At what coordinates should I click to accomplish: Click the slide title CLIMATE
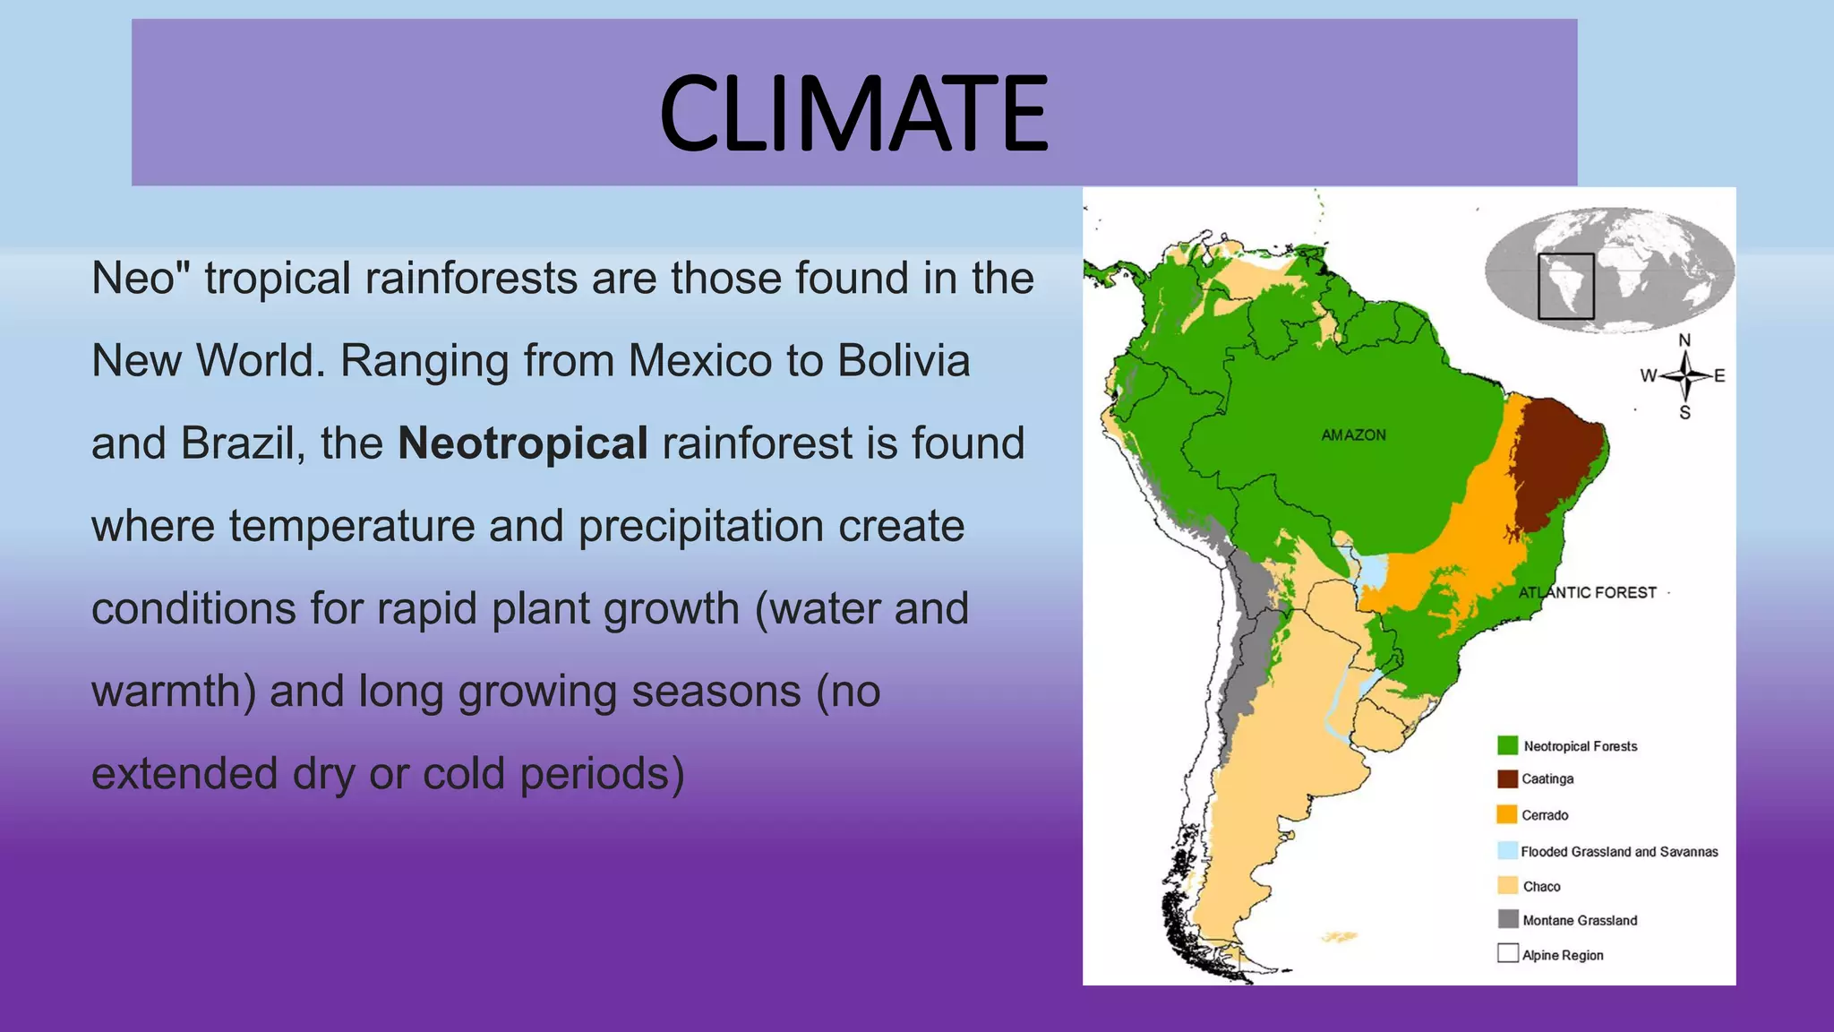[853, 114]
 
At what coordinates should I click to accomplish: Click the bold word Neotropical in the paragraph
[523, 443]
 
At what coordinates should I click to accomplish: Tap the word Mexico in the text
[699, 361]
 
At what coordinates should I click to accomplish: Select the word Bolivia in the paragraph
[904, 361]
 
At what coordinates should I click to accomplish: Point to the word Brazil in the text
[237, 443]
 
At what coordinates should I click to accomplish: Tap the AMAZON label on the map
[1353, 435]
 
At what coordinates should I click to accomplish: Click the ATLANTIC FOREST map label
[1587, 592]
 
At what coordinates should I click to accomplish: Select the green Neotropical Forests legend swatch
[1507, 745]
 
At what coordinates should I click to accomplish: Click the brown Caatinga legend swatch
[1507, 778]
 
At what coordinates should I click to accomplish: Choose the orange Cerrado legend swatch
[1507, 814]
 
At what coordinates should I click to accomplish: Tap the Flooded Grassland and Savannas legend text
[1619, 852]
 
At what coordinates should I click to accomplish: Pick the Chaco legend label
[1541, 887]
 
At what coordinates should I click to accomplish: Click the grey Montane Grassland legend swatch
[1508, 919]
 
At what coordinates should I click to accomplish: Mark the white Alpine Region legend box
[1508, 953]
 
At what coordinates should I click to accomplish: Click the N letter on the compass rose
[1684, 340]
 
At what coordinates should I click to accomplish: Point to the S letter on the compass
[1684, 413]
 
